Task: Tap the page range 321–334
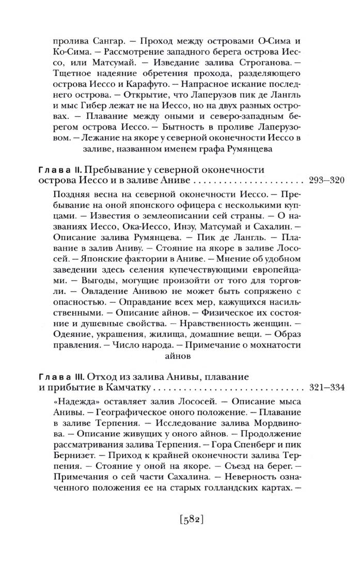click(325, 387)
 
